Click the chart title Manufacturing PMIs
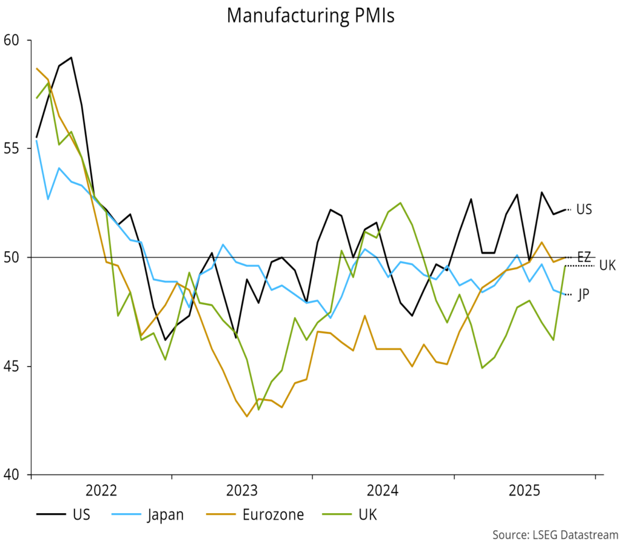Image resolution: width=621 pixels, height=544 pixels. click(x=310, y=15)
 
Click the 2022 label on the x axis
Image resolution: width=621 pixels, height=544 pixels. click(x=101, y=490)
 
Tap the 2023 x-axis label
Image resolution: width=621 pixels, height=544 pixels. click(x=242, y=490)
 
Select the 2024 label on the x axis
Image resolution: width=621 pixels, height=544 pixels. click(x=383, y=490)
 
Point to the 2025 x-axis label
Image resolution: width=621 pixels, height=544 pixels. click(x=524, y=490)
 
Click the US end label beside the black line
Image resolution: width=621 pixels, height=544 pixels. click(x=584, y=209)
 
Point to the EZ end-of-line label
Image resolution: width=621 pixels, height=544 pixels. click(x=583, y=257)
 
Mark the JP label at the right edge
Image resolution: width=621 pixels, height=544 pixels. click(x=583, y=294)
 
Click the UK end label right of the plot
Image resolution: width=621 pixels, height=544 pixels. click(x=607, y=265)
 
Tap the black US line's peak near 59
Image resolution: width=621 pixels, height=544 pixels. click(x=71, y=58)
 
